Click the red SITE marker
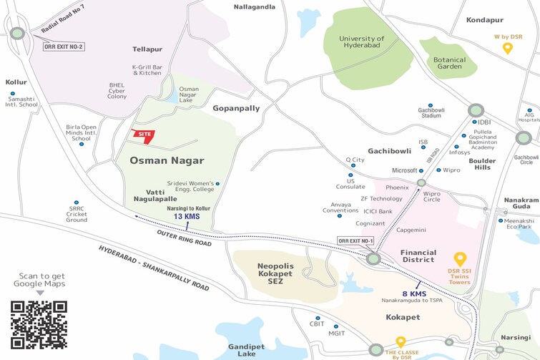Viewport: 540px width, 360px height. (143, 135)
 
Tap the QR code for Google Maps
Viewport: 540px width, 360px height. (39, 324)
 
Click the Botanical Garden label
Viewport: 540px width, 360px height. (449, 64)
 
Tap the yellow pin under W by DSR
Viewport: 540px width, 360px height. (508, 49)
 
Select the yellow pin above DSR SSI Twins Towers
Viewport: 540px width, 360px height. (461, 259)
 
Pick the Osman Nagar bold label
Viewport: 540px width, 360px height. (167, 160)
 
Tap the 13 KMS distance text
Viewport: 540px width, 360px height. (187, 216)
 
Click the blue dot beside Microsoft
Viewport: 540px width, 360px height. (422, 170)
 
